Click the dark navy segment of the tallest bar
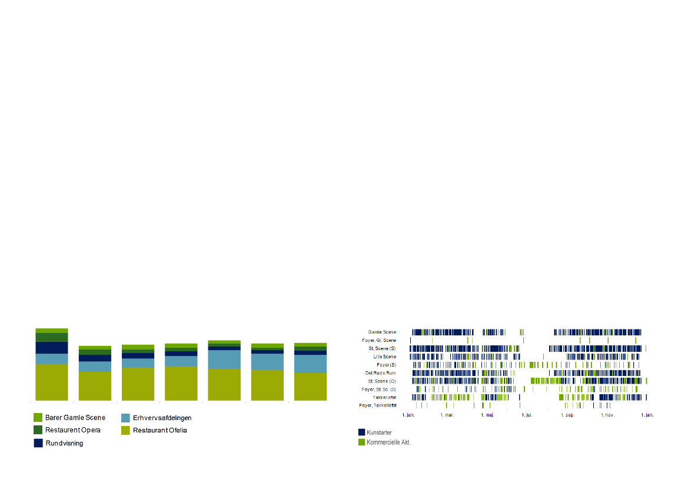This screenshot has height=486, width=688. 52,348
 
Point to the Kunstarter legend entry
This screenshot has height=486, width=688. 379,432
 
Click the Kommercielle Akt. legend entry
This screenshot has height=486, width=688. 388,442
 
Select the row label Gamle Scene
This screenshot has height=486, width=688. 382,332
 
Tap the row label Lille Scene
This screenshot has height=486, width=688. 384,357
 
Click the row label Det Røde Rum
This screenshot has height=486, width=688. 380,373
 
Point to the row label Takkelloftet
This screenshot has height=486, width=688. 384,398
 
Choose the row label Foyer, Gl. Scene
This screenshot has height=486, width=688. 379,340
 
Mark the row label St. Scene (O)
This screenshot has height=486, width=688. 381,381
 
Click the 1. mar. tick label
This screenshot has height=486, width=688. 447,415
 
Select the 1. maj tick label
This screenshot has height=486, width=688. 487,415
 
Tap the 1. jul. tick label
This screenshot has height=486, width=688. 527,415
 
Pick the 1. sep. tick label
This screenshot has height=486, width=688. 567,415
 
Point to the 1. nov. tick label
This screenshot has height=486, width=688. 607,415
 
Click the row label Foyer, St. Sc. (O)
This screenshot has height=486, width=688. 379,390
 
